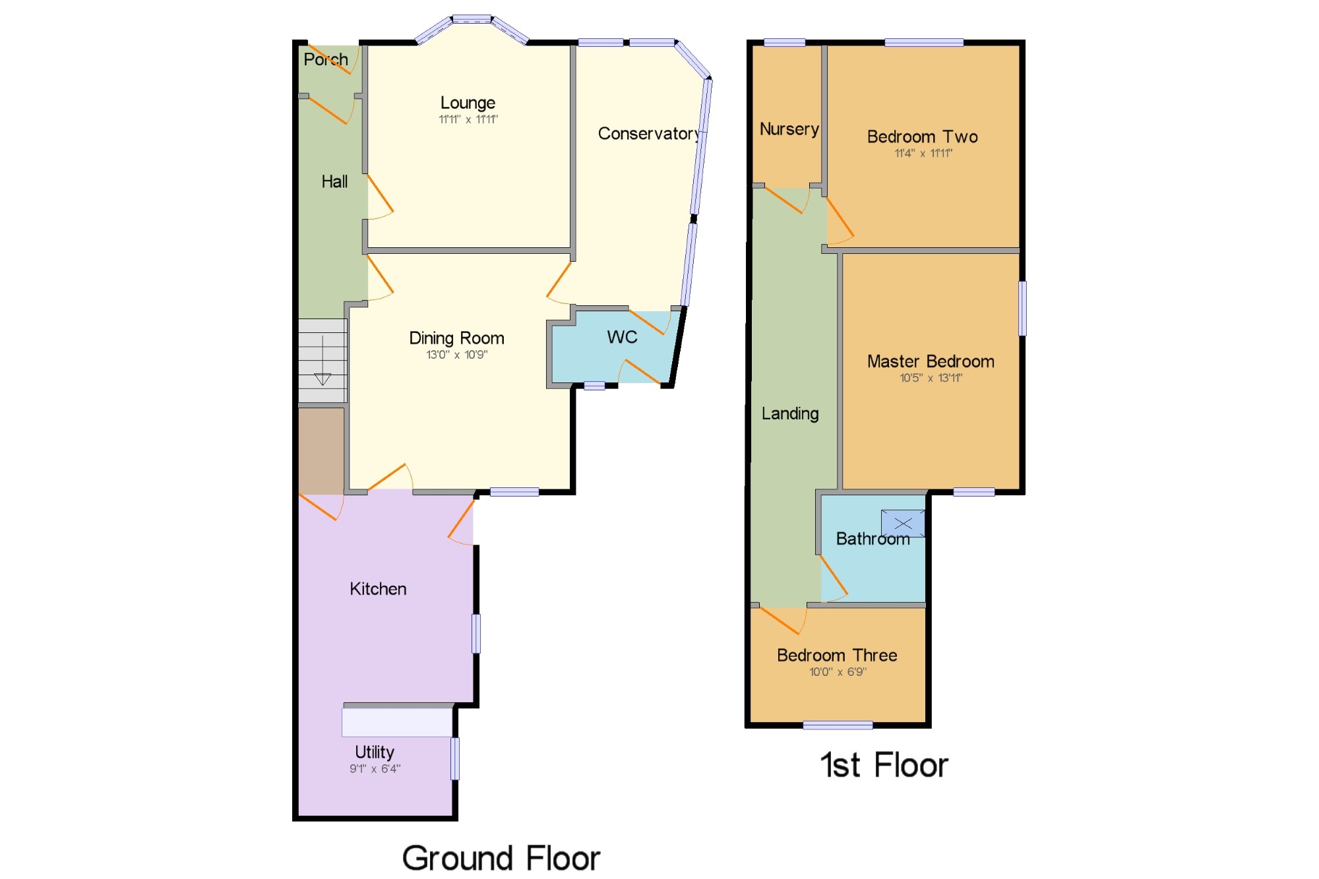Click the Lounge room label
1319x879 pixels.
pos(468,103)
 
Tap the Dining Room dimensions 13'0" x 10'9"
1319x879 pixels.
pos(456,355)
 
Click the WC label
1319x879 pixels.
pos(622,337)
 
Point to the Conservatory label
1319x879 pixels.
pos(649,134)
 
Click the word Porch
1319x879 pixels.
pos(326,59)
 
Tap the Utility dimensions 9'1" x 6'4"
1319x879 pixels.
pos(375,769)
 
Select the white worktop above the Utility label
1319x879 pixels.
pos(397,722)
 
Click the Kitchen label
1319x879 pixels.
pos(378,589)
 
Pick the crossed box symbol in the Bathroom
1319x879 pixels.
pos(903,524)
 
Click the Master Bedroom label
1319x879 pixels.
pos(931,361)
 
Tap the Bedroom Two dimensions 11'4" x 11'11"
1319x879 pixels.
pos(923,154)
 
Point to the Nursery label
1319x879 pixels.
pos(789,129)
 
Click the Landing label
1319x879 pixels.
pos(790,413)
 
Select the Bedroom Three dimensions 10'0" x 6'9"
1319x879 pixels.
pos(838,672)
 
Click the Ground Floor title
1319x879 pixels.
pos(501,858)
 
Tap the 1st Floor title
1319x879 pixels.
pos(884,766)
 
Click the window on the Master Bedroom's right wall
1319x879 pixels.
pos(1022,309)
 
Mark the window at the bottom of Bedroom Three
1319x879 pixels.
pos(838,725)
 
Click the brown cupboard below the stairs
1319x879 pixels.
pos(321,451)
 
